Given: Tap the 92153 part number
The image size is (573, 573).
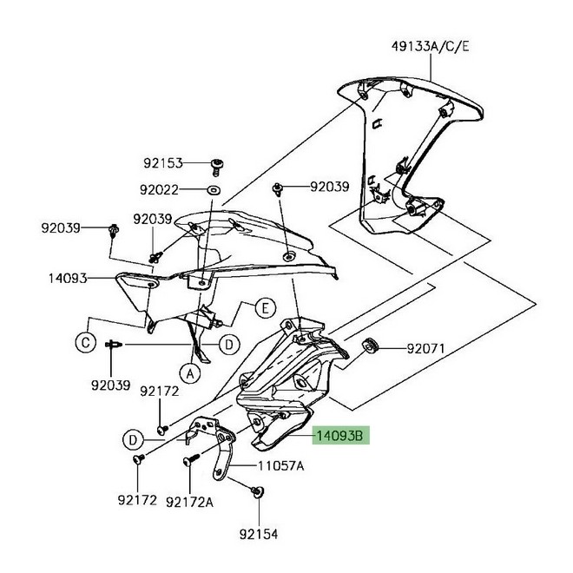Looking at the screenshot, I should pyautogui.click(x=164, y=162).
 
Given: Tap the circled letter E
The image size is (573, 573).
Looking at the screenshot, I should pyautogui.click(x=264, y=306).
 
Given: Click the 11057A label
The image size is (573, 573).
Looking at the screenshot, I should pyautogui.click(x=280, y=465).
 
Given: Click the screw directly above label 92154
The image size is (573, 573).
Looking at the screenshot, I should pyautogui.click(x=257, y=492).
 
